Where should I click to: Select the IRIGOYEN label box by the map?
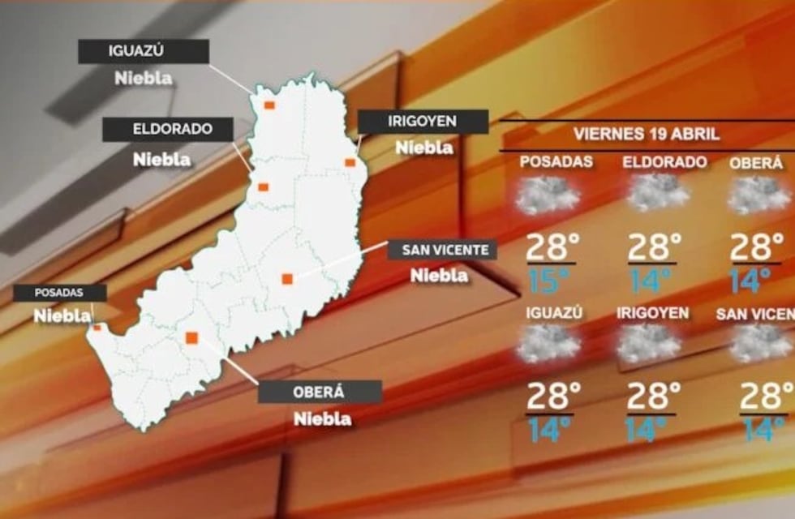(x=423, y=122)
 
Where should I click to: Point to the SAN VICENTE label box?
(x=442, y=249)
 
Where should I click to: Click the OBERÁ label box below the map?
(x=319, y=392)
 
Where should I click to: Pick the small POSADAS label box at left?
(x=59, y=293)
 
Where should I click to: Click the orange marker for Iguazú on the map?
(x=269, y=105)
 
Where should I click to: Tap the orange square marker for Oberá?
(x=192, y=338)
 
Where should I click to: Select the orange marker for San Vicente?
(x=287, y=279)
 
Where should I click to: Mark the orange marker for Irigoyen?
(x=350, y=162)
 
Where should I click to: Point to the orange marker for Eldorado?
(x=264, y=187)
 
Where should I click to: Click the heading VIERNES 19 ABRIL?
(x=647, y=133)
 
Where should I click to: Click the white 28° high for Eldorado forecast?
(x=654, y=246)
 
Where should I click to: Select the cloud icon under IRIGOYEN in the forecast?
(x=649, y=344)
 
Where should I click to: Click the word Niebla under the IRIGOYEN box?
(x=423, y=148)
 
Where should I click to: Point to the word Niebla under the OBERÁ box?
(x=323, y=418)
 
